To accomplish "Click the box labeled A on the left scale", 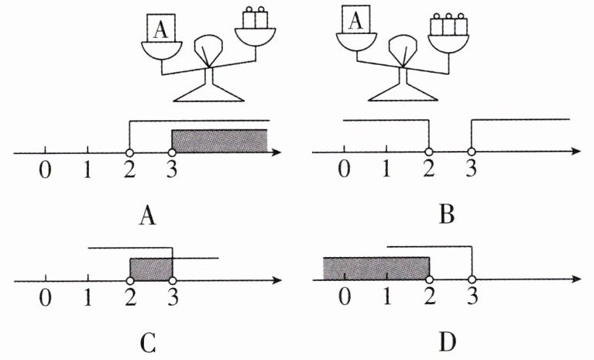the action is click(161, 28).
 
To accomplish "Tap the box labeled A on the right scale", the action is click(355, 19).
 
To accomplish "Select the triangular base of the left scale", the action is click(208, 93).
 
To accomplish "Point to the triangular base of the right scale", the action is click(403, 92).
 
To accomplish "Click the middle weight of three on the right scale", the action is click(448, 25).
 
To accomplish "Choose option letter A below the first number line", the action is click(148, 216).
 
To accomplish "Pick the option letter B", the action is click(447, 215).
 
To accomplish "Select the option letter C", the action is click(148, 343).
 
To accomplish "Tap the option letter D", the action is click(448, 342).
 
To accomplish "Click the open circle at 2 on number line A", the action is click(129, 153).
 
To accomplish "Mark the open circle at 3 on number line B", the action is click(472, 152).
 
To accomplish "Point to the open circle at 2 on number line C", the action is click(130, 280).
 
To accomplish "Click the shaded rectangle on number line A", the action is click(219, 141).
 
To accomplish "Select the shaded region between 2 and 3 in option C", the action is click(151, 269).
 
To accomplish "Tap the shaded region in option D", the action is click(376, 269).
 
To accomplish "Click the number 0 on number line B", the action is click(344, 169).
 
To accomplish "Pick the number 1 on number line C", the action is click(88, 297).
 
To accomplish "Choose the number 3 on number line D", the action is click(472, 296).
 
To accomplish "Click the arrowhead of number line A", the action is click(276, 153).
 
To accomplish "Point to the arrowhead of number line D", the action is click(575, 279).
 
